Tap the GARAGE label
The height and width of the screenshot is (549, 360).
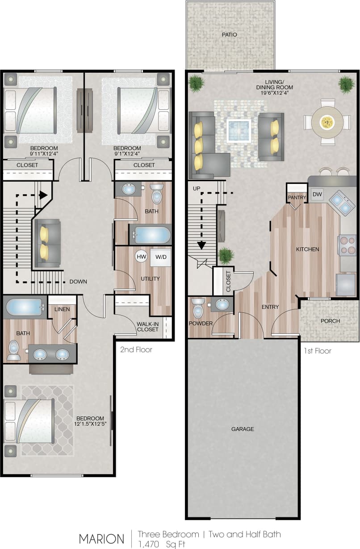[x=243, y=429]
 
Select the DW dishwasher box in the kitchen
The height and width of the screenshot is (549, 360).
[x=317, y=194]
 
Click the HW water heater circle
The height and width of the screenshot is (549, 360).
[x=142, y=257]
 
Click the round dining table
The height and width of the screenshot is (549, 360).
[x=327, y=121]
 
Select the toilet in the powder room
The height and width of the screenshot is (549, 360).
[x=198, y=308]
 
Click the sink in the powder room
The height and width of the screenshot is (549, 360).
[x=222, y=304]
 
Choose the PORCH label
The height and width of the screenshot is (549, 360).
[x=331, y=321]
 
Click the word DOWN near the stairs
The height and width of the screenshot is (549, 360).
[x=78, y=282]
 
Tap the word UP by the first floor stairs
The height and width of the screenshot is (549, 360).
[x=197, y=189]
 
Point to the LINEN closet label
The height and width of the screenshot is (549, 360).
[x=62, y=309]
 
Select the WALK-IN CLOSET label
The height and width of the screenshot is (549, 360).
[x=148, y=326]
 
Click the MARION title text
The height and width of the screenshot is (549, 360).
[x=101, y=539]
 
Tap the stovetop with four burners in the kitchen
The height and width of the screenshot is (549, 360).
[x=347, y=245]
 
